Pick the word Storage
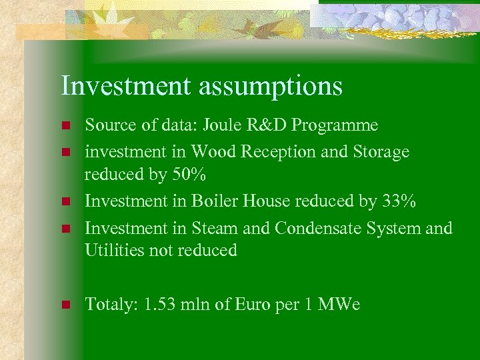click(377, 153)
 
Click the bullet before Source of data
click(65, 126)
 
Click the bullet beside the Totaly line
click(65, 305)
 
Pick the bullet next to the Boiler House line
click(65, 201)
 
